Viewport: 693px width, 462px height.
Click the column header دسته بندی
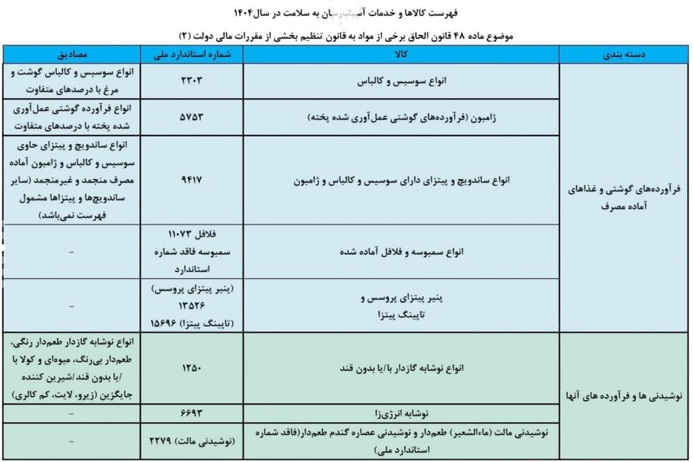click(x=625, y=54)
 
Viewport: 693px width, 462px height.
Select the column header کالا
click(x=401, y=54)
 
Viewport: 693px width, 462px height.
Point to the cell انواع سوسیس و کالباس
click(x=401, y=81)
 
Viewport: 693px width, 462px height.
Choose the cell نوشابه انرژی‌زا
click(x=401, y=413)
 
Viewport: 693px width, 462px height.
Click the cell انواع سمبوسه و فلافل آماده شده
click(x=401, y=251)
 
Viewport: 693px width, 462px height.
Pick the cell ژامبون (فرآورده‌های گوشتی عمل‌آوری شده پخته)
click(x=401, y=118)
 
